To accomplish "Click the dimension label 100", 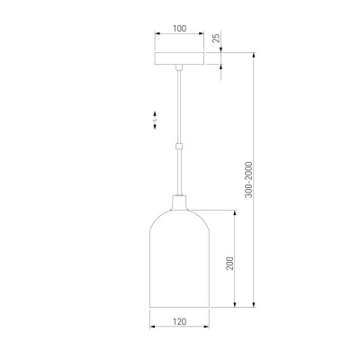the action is point(179,29).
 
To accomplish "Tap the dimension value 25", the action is point(216,38).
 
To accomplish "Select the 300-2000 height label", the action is point(249,180).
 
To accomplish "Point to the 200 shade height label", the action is point(229,264).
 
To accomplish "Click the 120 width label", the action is point(179,321).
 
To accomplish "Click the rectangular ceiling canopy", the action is point(179,58).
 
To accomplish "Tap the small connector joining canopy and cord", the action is point(179,67).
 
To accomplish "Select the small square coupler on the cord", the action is point(179,147).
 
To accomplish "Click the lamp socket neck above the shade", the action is point(179,202).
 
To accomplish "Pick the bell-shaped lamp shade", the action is point(179,258).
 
